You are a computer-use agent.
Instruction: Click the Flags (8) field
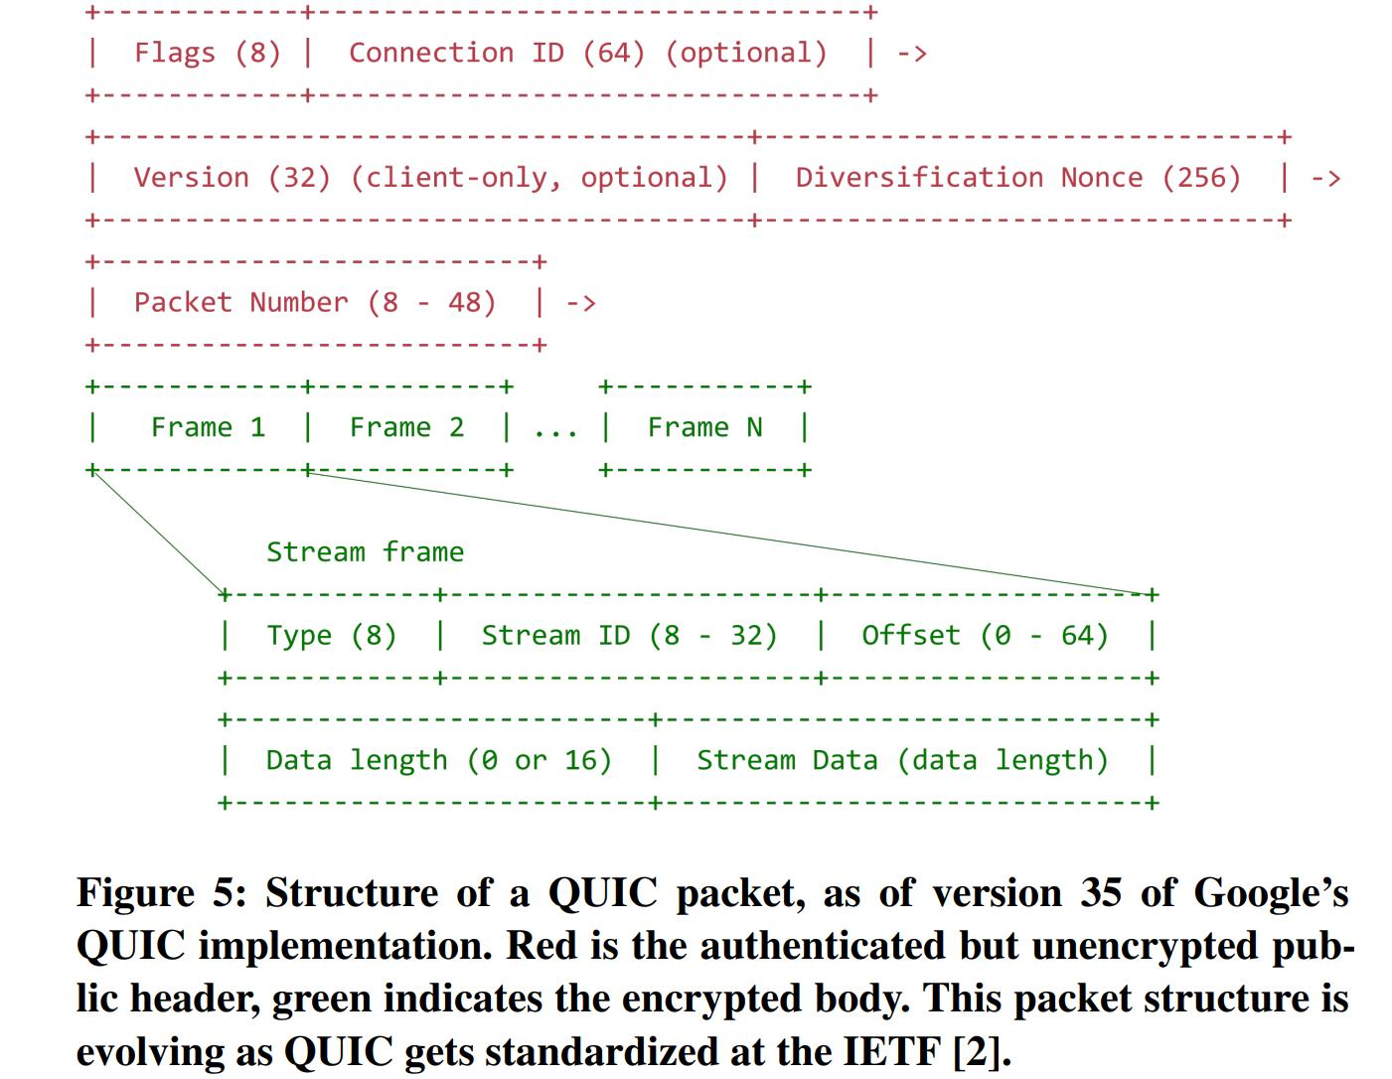[x=207, y=53]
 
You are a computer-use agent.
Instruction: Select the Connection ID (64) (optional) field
[x=587, y=53]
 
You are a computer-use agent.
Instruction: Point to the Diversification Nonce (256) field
[x=1017, y=178]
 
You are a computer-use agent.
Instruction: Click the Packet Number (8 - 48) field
[x=314, y=302]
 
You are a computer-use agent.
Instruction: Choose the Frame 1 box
[x=208, y=427]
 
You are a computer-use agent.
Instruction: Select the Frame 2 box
[x=406, y=427]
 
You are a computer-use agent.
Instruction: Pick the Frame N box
[x=704, y=427]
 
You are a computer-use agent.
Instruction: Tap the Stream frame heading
[x=365, y=551]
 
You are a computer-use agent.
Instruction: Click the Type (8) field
[x=331, y=635]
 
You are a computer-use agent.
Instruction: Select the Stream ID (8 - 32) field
[x=629, y=635]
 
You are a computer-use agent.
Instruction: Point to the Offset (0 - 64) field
[x=985, y=635]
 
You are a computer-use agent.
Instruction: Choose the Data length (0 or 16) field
[x=438, y=760]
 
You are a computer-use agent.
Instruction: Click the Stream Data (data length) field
[x=901, y=760]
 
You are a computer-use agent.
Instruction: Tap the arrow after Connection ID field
[x=911, y=54]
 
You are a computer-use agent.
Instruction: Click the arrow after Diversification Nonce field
[x=1325, y=179]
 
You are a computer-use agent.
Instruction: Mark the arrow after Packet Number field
[x=580, y=303]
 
